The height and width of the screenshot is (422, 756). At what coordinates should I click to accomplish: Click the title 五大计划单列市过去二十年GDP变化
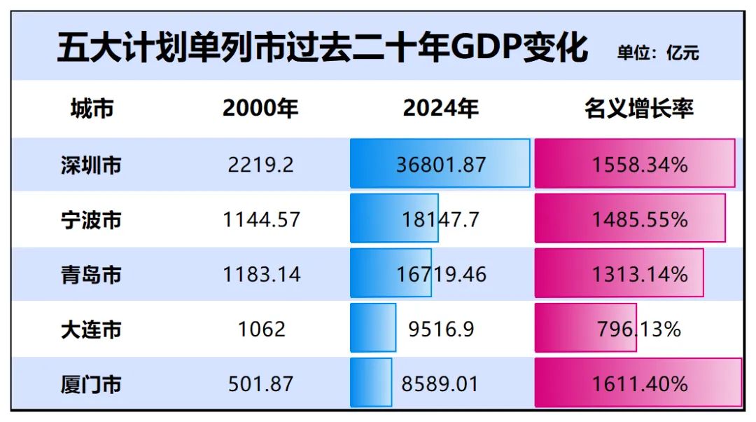(322, 49)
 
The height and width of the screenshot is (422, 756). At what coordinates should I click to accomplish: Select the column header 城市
(92, 109)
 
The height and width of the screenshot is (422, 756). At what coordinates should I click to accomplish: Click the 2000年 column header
(260, 109)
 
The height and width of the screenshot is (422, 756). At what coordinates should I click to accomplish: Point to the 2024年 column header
(440, 109)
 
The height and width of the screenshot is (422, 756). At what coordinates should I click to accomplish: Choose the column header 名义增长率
(638, 109)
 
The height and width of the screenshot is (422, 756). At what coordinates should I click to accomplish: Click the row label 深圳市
(91, 165)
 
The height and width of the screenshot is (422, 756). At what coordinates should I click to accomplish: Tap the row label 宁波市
(91, 220)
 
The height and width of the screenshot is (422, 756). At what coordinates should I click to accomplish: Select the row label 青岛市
(91, 274)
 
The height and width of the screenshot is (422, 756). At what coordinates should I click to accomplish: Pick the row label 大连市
(91, 329)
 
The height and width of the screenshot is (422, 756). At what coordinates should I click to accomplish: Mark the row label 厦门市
(91, 384)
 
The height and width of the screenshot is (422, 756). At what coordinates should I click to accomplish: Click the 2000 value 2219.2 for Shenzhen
(261, 165)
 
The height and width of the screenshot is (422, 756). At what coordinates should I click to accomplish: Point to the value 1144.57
(261, 220)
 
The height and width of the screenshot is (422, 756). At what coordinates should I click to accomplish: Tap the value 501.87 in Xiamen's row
(261, 384)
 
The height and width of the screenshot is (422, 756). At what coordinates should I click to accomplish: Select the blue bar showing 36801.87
(440, 163)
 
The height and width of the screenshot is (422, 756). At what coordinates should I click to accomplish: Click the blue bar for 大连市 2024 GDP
(372, 327)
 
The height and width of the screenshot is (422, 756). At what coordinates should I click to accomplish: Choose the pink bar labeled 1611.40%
(638, 382)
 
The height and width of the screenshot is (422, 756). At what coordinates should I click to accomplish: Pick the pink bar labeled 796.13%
(585, 327)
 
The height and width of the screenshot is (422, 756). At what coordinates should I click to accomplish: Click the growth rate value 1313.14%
(639, 274)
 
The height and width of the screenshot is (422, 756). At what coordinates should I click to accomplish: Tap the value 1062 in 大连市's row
(261, 329)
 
